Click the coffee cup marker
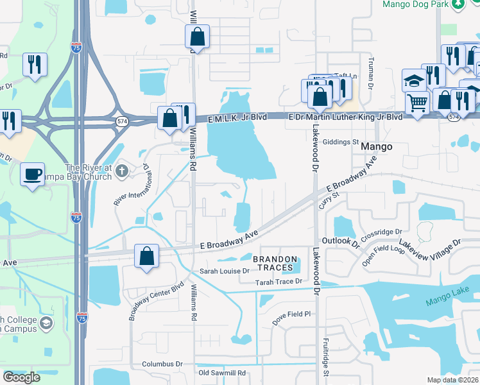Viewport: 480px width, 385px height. (x=32, y=173)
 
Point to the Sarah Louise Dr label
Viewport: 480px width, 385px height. (x=224, y=271)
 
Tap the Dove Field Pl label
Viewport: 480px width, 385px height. (x=289, y=314)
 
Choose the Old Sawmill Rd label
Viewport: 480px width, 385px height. (x=222, y=373)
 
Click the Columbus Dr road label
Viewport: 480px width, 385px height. (x=162, y=364)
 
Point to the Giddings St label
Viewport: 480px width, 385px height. (x=341, y=142)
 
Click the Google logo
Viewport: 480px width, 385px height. (x=22, y=377)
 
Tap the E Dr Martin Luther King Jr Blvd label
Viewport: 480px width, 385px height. (x=345, y=117)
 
